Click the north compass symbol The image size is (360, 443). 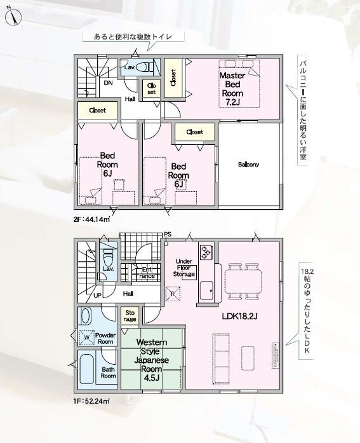coord(14,17)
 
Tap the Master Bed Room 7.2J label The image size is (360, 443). coord(232,89)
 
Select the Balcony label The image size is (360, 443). coord(248,165)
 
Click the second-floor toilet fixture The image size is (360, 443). coord(142,67)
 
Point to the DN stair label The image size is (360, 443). coord(108,83)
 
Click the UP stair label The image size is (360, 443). coord(97,296)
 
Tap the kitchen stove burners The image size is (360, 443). coord(205,252)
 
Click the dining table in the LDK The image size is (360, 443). coord(243,282)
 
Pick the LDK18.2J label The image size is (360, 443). coord(239,316)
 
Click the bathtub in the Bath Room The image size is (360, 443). coord(86,368)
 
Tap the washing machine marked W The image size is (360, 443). coord(86,337)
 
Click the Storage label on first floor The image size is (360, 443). coord(130,316)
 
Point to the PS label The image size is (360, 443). coord(168,235)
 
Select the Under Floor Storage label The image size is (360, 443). coord(184,268)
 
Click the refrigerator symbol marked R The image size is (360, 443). coord(173,294)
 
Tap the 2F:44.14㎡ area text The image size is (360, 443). coord(91,219)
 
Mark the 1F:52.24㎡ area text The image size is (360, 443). coord(91,401)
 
